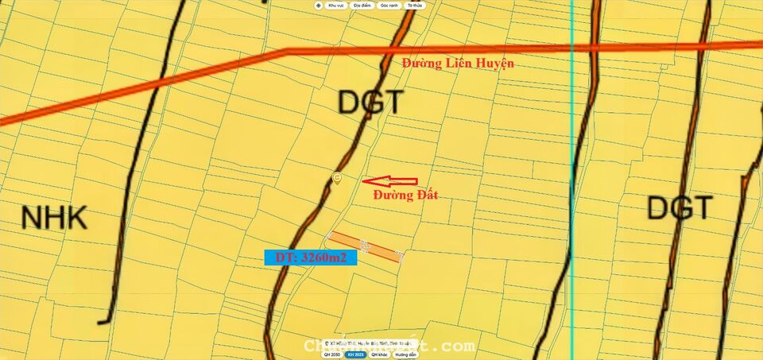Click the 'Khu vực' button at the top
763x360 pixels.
pos(335,6)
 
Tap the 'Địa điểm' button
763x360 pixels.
pos(362,6)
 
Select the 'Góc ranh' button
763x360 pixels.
pos(389,6)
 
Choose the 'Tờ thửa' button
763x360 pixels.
pos(414,6)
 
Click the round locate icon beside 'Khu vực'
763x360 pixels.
pos(318,6)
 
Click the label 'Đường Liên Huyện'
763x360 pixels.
pos(457,63)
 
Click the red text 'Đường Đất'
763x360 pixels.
pos(405,195)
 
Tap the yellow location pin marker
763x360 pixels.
pos(337,178)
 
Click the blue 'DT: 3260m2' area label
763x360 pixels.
pos(311,257)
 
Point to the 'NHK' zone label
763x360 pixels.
pos(53,217)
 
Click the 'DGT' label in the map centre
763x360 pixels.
pos(370,103)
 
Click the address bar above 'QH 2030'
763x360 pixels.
pos(366,344)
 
